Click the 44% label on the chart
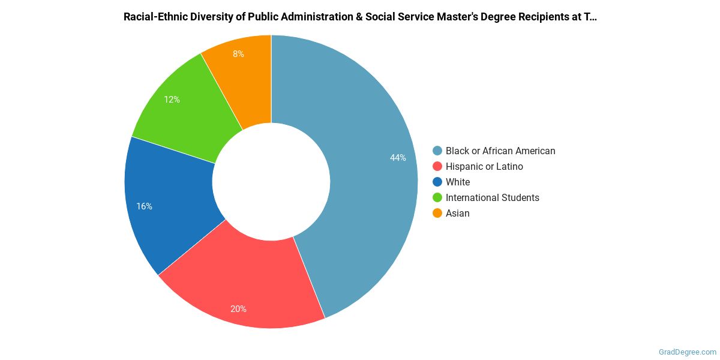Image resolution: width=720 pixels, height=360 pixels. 398,158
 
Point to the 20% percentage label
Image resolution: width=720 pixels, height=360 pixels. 238,309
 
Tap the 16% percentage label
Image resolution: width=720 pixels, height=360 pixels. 144,206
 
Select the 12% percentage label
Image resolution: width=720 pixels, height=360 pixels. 172,100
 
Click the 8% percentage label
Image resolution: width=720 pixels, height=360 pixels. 238,54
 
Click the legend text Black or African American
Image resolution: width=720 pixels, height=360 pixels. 500,151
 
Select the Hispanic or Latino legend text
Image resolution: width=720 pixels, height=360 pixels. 484,167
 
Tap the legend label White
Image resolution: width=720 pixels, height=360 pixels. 458,182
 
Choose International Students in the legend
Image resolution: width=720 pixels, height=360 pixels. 492,198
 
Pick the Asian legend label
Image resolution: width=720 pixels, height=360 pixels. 458,214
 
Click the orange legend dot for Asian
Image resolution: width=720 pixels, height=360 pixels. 437,214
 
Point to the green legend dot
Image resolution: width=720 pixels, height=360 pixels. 437,198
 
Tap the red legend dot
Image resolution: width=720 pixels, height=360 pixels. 437,167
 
